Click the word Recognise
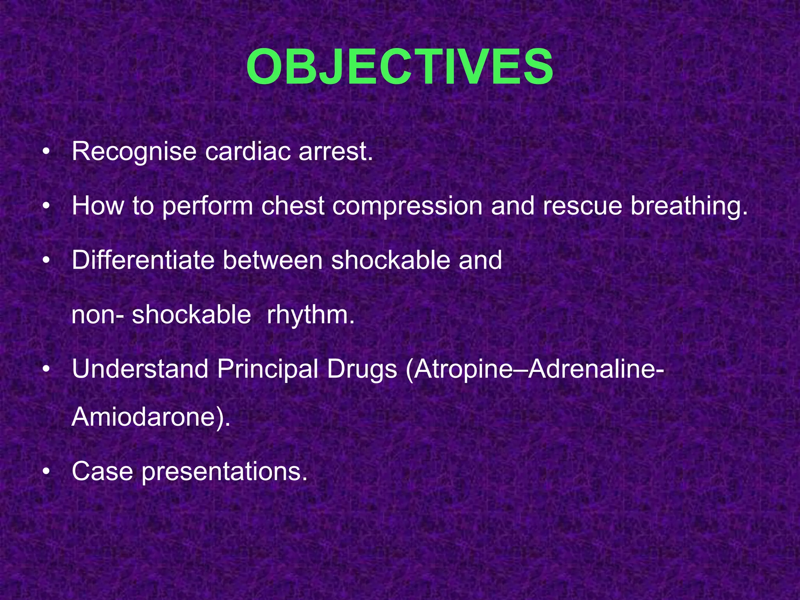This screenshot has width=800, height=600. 134,152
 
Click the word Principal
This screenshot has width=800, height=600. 268,370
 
